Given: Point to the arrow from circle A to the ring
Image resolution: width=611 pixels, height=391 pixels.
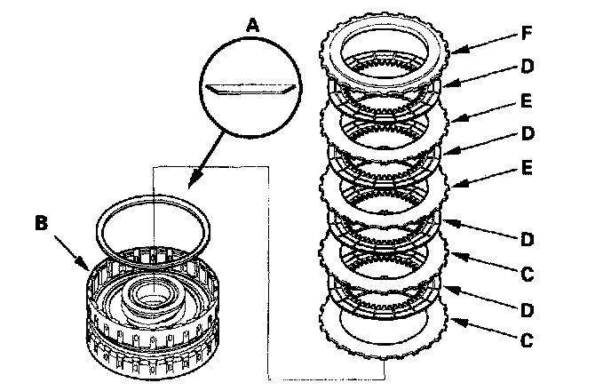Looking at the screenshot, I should point(197,169).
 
